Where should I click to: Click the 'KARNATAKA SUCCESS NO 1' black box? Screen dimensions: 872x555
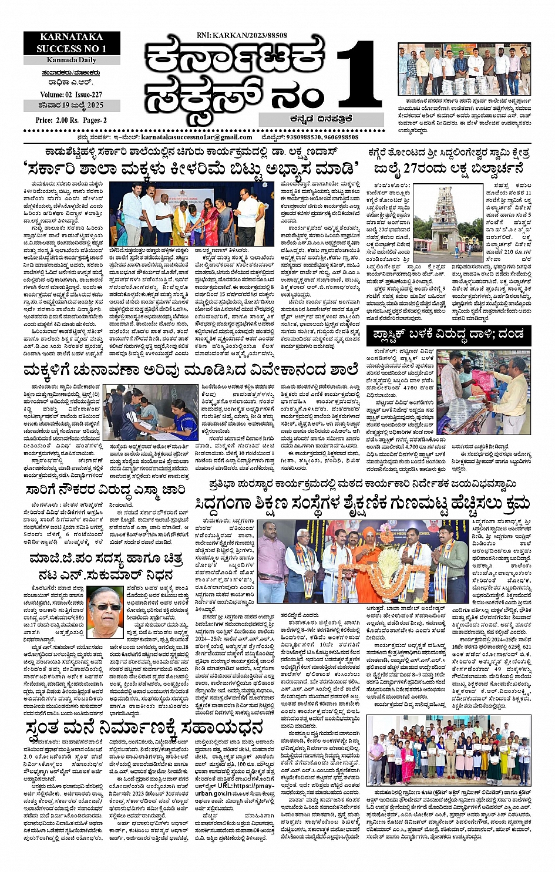coord(72,43)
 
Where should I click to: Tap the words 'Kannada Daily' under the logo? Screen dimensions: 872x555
coord(72,60)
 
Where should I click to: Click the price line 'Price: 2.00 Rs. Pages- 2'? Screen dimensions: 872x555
coord(71,120)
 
